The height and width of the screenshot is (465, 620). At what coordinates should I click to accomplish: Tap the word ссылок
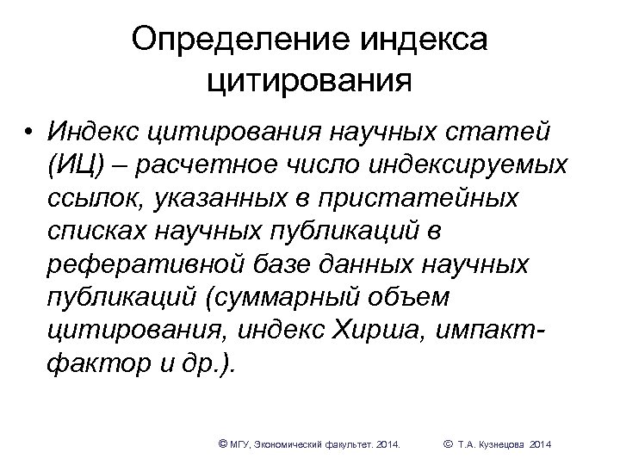click(93, 197)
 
